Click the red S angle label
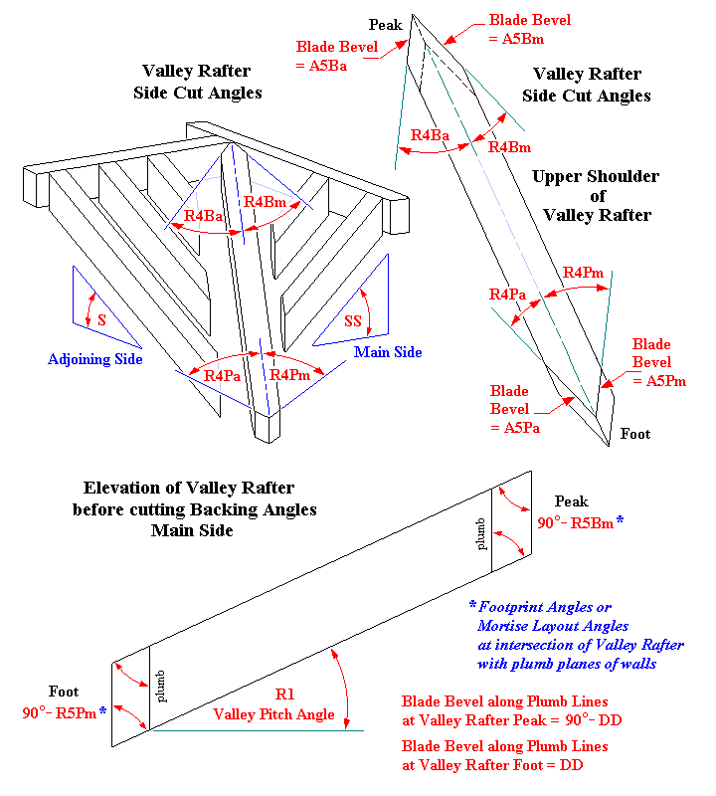(102, 319)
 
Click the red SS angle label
(353, 320)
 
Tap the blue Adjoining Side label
(94, 359)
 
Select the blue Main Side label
(388, 352)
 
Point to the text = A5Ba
(322, 66)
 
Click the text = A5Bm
(516, 39)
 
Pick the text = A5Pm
(659, 381)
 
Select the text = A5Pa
(515, 428)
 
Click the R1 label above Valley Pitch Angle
(284, 694)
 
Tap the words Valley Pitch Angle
(274, 714)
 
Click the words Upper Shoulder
(596, 176)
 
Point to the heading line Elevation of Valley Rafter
(189, 488)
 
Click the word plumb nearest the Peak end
(480, 534)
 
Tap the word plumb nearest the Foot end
(160, 687)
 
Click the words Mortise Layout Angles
(553, 626)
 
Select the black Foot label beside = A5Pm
(635, 434)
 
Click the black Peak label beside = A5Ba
(385, 25)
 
